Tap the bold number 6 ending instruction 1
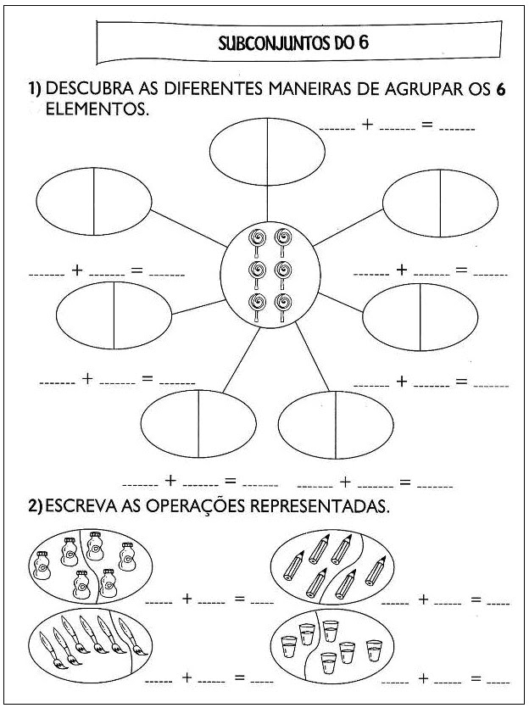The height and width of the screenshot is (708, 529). (x=500, y=90)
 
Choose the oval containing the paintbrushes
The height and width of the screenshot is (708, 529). (x=87, y=647)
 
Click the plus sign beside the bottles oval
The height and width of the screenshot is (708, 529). (x=187, y=599)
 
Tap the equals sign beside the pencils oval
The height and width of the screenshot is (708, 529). (x=476, y=599)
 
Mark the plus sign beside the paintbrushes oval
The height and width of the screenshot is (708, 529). (x=187, y=678)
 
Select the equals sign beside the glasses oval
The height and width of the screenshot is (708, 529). (x=476, y=678)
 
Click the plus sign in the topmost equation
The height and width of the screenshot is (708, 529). (x=367, y=125)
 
